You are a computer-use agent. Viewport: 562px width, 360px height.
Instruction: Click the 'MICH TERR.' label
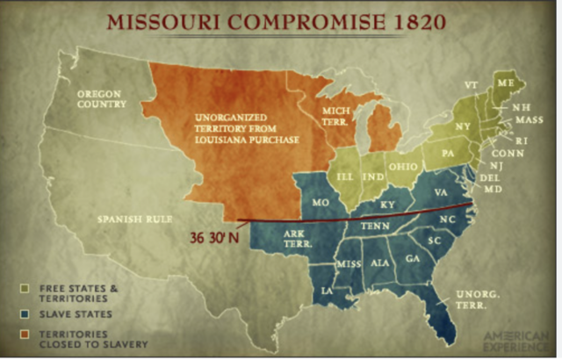(335, 117)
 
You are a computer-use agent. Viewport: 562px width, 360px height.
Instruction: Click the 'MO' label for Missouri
(319, 203)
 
